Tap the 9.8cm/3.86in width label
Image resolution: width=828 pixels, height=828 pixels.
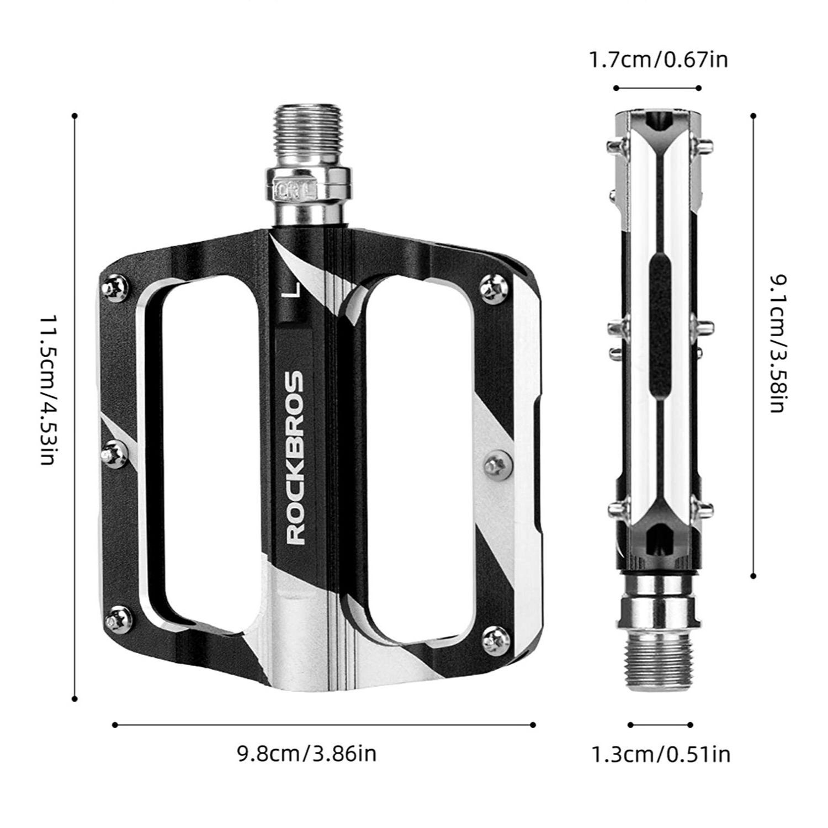pyautogui.click(x=307, y=753)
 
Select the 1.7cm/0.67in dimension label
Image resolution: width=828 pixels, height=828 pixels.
pyautogui.click(x=659, y=59)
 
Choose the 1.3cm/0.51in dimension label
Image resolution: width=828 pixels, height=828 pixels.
pyautogui.click(x=661, y=753)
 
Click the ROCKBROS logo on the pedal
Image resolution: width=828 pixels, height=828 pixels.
pyautogui.click(x=296, y=458)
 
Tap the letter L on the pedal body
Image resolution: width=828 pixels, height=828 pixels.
pyautogui.click(x=294, y=290)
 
